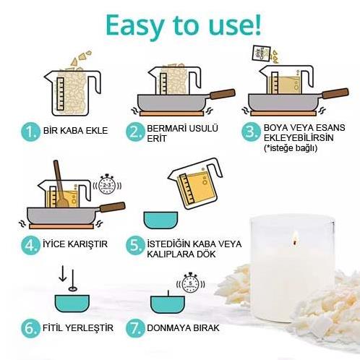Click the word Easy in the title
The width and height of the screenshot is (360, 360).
pos(135,25)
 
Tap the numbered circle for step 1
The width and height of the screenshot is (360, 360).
pos(30,132)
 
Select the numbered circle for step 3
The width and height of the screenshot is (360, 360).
pos(251,132)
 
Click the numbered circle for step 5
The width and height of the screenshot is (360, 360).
pos(135,245)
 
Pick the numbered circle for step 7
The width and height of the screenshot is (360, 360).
pos(135,328)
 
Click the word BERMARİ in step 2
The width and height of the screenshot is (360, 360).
pos(166,128)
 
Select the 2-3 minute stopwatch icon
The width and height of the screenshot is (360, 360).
pos(107,185)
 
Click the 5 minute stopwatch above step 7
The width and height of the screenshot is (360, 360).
pos(190,283)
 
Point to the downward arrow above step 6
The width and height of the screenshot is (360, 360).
pos(63,273)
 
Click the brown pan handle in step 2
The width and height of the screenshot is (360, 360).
pos(223,94)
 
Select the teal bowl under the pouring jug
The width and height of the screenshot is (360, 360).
pos(160,220)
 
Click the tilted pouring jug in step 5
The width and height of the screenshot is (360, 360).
pos(195,183)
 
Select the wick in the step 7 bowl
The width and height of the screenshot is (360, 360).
pos(168,293)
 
